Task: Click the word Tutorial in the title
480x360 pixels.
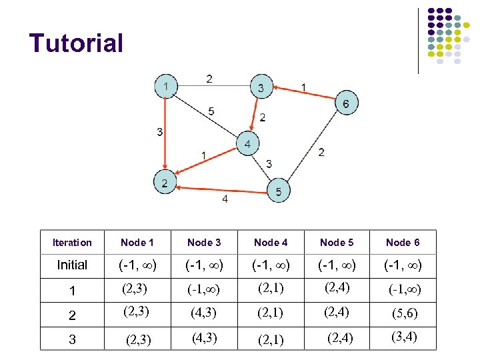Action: click(76, 43)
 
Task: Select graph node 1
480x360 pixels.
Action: click(165, 85)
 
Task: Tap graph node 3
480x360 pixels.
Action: click(261, 87)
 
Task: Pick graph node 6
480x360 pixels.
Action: click(345, 103)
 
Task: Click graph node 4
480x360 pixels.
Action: click(248, 143)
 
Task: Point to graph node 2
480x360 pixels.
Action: click(165, 181)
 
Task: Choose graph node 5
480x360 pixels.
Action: click(279, 191)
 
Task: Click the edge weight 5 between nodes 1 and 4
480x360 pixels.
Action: click(211, 111)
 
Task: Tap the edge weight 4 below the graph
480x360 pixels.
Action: click(225, 199)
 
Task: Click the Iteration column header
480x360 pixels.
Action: click(72, 243)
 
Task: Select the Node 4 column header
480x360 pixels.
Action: click(271, 243)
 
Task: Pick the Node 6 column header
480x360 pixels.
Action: click(403, 243)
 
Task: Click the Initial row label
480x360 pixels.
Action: click(72, 265)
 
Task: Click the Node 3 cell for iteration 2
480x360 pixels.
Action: click(203, 313)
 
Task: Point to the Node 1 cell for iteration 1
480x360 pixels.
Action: click(135, 289)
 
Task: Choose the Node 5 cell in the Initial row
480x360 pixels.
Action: click(337, 265)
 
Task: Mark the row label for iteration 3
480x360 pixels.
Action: click(72, 339)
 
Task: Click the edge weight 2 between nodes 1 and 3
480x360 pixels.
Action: click(209, 79)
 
